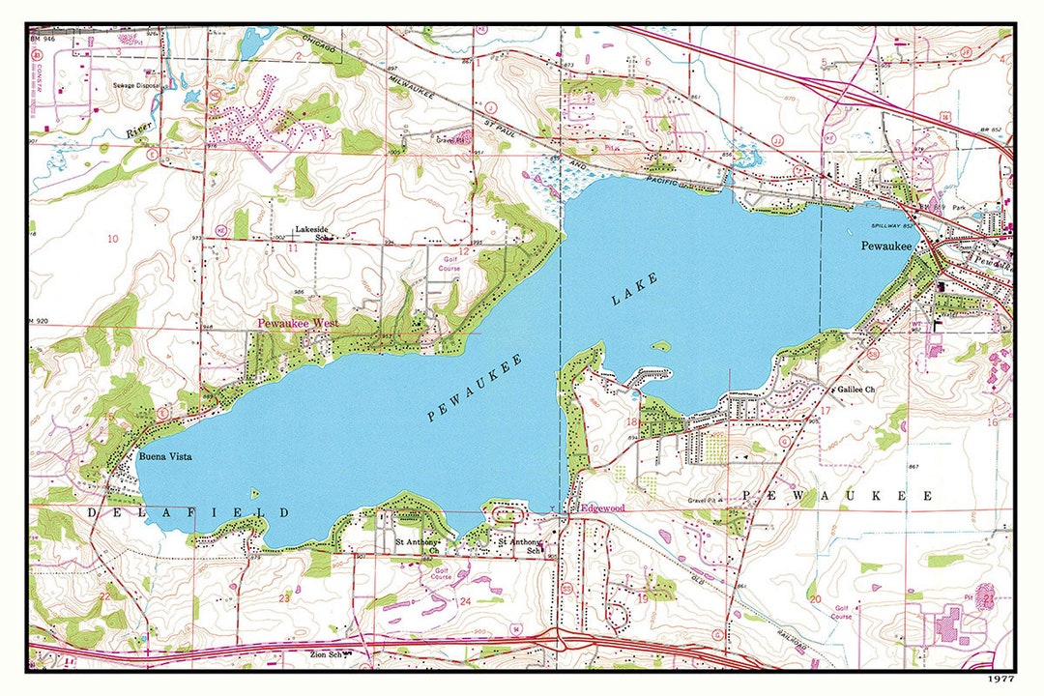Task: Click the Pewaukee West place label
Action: click(297, 324)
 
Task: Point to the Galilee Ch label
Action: click(855, 389)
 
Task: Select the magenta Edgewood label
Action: click(602, 507)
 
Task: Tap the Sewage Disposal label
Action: click(138, 86)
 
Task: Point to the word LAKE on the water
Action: click(634, 289)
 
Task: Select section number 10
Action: click(113, 239)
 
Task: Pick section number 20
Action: click(815, 599)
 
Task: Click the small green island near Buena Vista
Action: click(254, 494)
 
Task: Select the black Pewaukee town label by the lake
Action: click(886, 246)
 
